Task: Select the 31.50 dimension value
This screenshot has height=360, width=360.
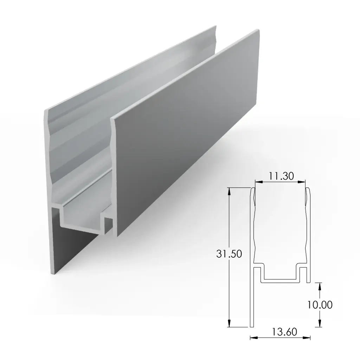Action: click(x=229, y=254)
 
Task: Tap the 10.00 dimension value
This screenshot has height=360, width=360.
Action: click(x=320, y=304)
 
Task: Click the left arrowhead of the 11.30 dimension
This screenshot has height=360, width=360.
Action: click(x=257, y=182)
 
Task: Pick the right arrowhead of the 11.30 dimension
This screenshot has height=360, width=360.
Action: click(x=303, y=182)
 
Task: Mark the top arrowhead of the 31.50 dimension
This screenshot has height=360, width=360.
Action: click(x=229, y=190)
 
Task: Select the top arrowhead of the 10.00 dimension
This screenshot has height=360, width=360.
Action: click(x=319, y=285)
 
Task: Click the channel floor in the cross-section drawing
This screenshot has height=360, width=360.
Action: click(x=280, y=281)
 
